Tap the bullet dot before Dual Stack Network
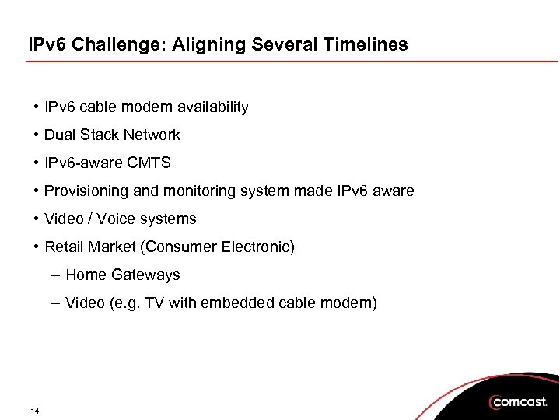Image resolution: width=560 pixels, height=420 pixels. (37, 135)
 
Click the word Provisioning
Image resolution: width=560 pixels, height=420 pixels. (83, 191)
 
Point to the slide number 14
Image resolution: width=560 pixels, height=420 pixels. (35, 411)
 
